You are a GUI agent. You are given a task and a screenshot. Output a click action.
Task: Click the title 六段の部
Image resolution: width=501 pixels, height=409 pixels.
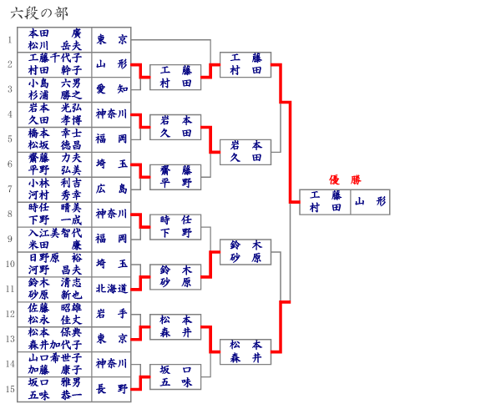pos(40,13)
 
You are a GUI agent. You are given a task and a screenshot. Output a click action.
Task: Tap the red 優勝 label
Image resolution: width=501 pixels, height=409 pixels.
pos(345,179)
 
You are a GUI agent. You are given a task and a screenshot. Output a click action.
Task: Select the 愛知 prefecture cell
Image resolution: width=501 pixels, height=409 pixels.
pos(111,89)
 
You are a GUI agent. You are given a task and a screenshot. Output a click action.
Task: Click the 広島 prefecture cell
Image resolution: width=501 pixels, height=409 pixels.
pos(111,189)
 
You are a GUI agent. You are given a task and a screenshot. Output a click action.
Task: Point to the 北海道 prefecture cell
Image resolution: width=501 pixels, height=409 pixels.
pos(111,290)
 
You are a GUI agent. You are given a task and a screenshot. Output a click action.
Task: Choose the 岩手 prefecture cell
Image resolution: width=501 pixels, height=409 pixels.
pos(111,315)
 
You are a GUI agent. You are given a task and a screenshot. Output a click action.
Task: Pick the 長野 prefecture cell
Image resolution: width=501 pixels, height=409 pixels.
pos(111,390)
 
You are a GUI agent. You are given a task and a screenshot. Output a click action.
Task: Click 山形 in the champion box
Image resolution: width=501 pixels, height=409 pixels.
pos(370,202)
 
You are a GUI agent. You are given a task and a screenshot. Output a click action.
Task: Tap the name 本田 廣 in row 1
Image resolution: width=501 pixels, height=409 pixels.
pos(54,33)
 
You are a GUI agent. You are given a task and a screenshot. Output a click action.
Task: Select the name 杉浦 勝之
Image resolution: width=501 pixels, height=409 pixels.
pos(54,95)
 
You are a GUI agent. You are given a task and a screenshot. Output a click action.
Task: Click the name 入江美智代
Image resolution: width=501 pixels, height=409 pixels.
pos(54,234)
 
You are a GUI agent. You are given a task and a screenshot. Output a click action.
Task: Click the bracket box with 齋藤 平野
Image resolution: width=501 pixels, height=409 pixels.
pos(176,177)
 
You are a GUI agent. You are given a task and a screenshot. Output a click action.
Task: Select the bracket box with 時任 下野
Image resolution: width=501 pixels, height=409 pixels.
pos(176,227)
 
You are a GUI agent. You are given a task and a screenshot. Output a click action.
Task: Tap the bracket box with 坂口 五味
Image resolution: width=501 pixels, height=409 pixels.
pos(176,377)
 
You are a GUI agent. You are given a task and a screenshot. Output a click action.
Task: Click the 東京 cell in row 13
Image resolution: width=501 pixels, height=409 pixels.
pos(111,340)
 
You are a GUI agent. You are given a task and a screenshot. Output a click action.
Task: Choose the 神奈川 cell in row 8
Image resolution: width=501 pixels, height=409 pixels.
pos(111,215)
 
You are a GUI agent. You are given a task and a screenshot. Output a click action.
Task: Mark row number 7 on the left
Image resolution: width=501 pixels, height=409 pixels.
pos(9,189)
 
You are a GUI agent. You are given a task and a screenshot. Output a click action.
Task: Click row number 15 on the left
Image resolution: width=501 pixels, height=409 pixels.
pos(9,390)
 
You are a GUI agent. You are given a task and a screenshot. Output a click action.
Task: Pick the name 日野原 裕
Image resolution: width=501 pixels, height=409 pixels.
pos(54,259)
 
